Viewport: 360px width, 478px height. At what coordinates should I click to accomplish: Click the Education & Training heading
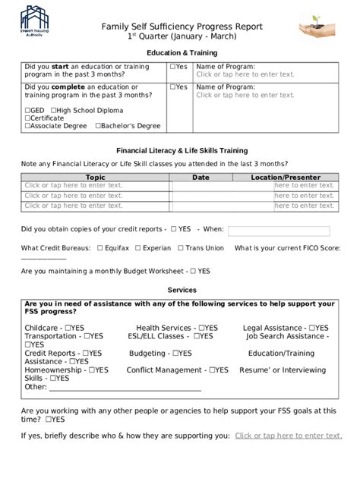pyautogui.click(x=182, y=52)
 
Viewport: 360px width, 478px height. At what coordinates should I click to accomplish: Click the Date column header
pyautogui.click(x=201, y=177)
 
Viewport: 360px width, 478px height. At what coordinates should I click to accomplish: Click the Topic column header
pyautogui.click(x=96, y=177)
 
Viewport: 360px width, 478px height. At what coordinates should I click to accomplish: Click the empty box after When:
pyautogui.click(x=279, y=231)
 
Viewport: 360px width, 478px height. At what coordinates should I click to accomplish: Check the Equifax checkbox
pyautogui.click(x=99, y=248)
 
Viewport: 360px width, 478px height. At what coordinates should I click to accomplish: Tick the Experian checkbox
pyautogui.click(x=137, y=248)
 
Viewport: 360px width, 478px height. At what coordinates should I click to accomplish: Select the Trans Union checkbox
pyautogui.click(x=180, y=248)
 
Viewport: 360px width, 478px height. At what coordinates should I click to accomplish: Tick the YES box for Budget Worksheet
pyautogui.click(x=194, y=271)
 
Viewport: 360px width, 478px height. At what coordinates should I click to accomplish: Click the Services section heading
pyautogui.click(x=182, y=290)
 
